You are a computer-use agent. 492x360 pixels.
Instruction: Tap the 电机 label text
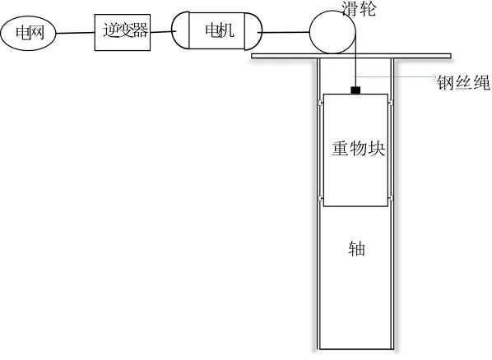[220, 30]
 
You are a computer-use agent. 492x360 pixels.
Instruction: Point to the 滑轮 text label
[359, 8]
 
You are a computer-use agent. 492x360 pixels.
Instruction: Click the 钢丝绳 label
[463, 83]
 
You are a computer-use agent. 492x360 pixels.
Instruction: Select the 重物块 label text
[359, 148]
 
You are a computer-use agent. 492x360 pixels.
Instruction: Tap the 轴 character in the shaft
[357, 249]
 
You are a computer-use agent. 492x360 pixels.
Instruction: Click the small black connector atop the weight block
[355, 90]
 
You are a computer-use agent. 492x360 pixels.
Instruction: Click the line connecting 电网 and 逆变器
[76, 33]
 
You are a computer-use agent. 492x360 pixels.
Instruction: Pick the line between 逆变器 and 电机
[161, 32]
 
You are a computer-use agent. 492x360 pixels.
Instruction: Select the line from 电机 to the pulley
[284, 32]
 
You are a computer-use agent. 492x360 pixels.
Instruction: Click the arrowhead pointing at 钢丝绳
[434, 76]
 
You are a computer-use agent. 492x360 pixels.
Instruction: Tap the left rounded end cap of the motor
[180, 30]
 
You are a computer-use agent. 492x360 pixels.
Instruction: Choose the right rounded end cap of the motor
[253, 31]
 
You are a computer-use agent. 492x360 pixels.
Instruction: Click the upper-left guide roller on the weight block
[321, 103]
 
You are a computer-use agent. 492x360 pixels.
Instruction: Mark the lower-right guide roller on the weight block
[391, 198]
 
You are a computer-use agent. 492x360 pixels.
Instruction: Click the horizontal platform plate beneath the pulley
[351, 56]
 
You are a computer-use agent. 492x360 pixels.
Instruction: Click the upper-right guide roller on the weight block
[391, 103]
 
